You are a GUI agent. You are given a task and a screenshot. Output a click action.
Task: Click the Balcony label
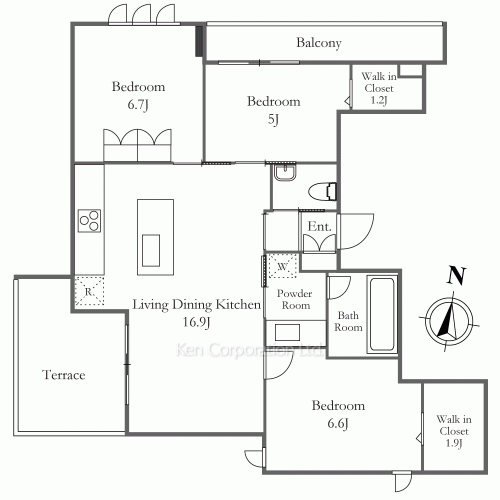pos(319,43)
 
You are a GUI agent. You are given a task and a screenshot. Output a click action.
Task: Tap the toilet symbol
pos(322,192)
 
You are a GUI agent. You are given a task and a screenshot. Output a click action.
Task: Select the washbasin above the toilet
pos(285,173)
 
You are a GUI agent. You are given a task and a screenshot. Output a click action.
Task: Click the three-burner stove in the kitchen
pos(89,221)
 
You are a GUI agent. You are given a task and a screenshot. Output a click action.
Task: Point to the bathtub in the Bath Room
pos(382,314)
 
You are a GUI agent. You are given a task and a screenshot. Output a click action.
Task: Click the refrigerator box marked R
pos(89,291)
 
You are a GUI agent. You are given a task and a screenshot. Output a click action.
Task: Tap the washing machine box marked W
pos(282,266)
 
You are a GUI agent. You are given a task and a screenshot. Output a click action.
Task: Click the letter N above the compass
pos(456,275)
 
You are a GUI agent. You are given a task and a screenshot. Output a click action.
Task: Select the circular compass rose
pos(449,321)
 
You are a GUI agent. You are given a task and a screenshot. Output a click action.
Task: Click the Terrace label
pos(64,375)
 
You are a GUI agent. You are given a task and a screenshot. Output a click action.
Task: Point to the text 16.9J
pos(197,322)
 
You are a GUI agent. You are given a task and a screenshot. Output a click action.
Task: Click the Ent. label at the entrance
pos(319,227)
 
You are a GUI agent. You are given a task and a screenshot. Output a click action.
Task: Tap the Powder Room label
pos(295,299)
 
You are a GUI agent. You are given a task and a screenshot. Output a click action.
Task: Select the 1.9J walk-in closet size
pos(454,443)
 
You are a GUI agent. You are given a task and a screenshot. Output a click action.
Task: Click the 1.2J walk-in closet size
pos(379,100)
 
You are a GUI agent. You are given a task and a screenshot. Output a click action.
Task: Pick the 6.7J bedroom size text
pos(138,105)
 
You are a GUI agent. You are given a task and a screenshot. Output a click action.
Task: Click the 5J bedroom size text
pos(273,119)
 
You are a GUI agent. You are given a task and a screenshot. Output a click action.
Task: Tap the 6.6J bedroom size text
pos(338,424)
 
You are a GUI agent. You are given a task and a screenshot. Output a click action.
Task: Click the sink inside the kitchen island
pos(151,250)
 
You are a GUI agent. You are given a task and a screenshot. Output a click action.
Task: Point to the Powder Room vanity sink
pos(287,332)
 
